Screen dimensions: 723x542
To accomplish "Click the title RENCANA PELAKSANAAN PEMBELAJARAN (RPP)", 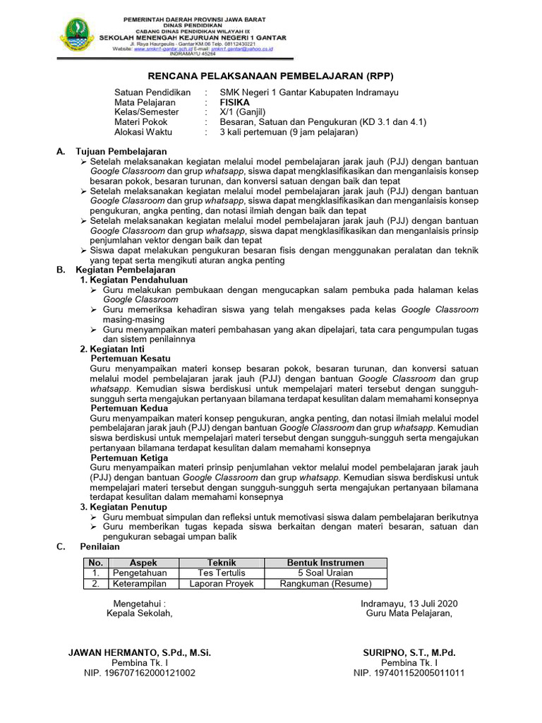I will tap(270, 76).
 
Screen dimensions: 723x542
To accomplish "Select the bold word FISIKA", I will tap(235, 102).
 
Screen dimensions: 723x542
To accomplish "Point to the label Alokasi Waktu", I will tap(143, 132).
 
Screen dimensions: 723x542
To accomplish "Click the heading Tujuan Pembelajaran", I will tap(121, 152).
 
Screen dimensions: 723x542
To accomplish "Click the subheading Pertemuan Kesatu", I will tap(131, 359).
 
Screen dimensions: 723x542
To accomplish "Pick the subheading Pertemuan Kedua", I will tap(130, 408).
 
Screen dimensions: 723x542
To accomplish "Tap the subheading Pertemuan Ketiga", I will tap(130, 458).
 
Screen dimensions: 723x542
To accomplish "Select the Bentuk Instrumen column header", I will tap(325, 563).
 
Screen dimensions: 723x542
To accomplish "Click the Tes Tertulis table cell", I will tap(221, 573).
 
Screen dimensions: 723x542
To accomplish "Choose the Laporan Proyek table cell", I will tap(221, 584).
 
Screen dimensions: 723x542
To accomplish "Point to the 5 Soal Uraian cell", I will tap(325, 573).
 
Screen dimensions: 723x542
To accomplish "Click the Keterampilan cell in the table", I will tap(139, 584).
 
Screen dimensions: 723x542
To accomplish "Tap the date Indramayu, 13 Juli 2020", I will tap(409, 603).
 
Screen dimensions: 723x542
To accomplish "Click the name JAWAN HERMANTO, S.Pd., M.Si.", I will tap(140, 653).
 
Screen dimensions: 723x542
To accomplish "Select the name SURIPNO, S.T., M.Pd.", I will tap(409, 653).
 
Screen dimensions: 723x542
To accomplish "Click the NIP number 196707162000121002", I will tap(140, 673).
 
